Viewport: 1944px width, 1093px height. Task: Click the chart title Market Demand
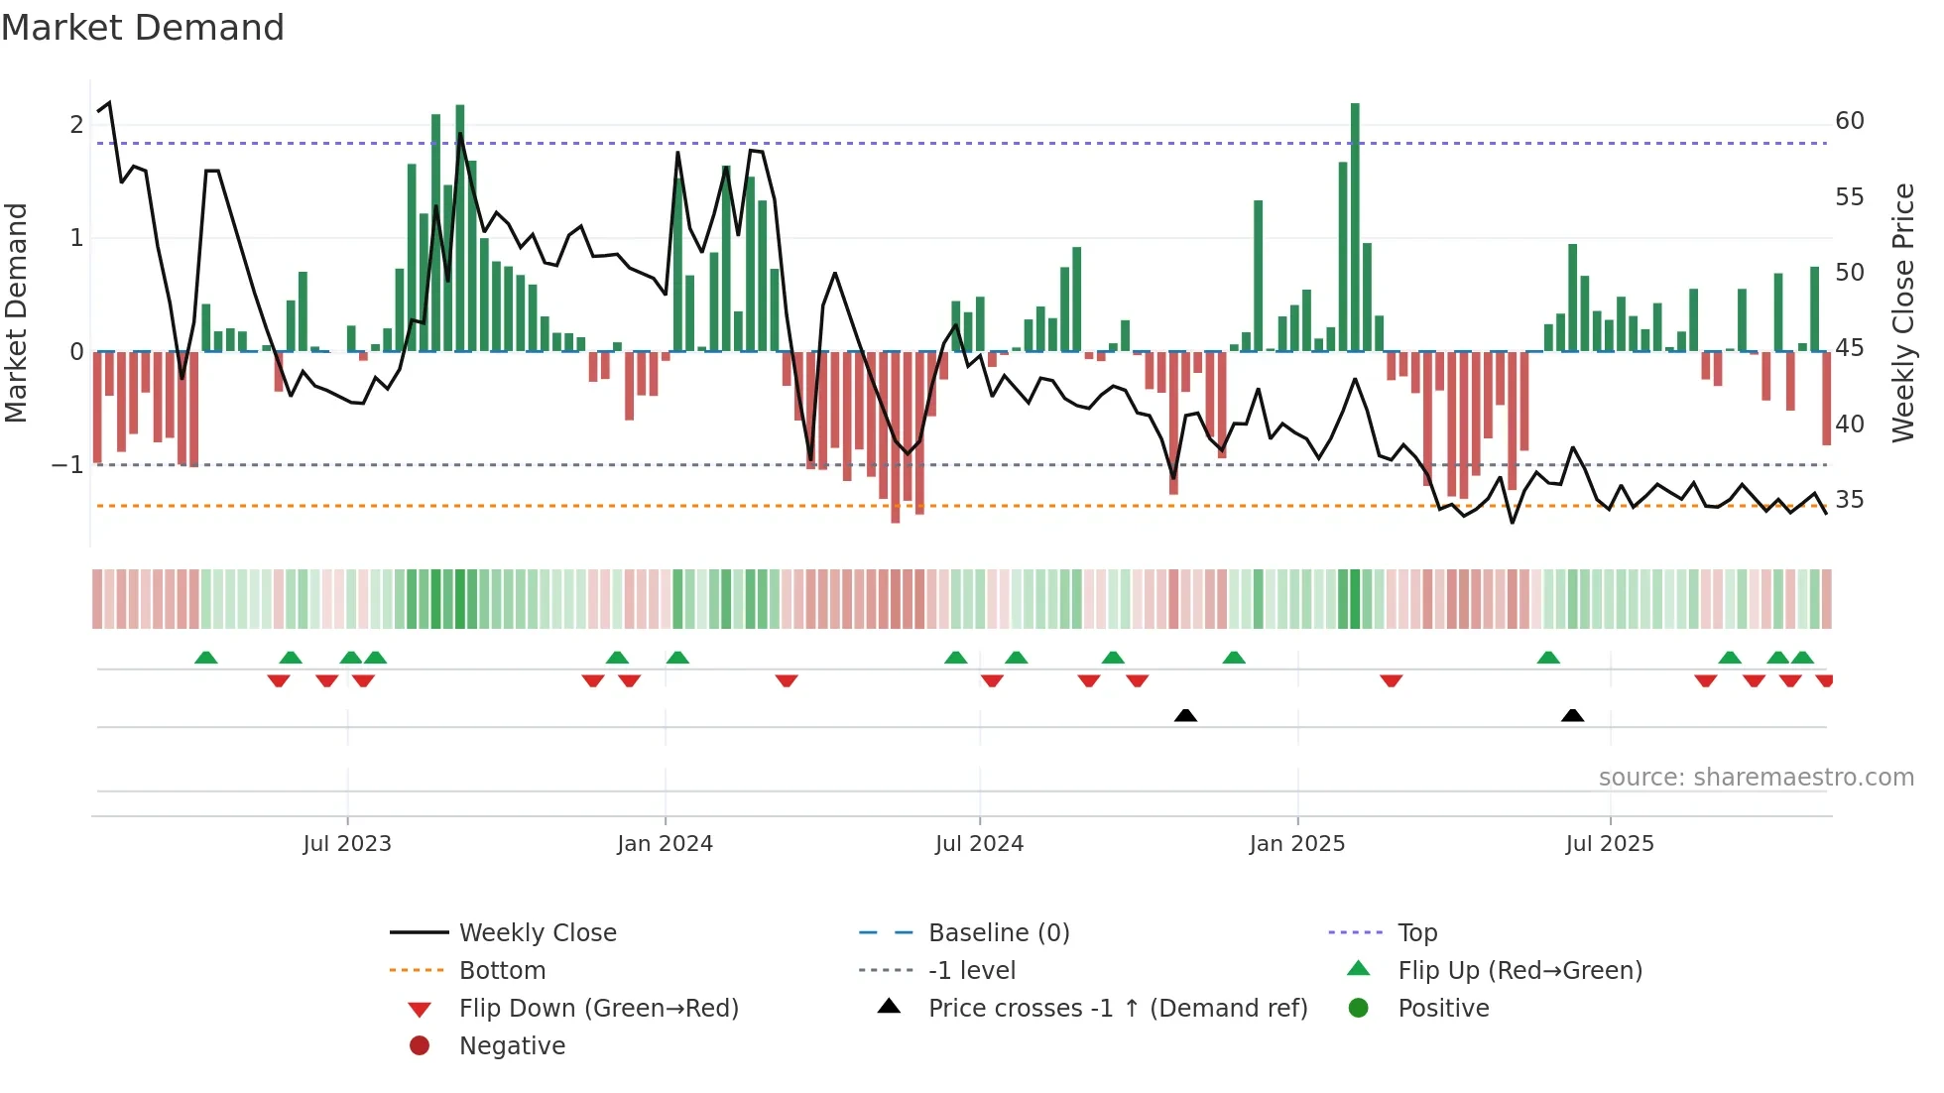pyautogui.click(x=143, y=28)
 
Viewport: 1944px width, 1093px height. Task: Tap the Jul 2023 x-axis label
pyautogui.click(x=347, y=844)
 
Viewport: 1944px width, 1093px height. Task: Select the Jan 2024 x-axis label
pyautogui.click(x=665, y=844)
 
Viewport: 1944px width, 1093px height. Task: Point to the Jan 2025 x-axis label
pyautogui.click(x=1296, y=844)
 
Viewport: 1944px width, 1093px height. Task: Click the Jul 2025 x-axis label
pyautogui.click(x=1610, y=844)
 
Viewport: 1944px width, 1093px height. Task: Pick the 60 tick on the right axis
pyautogui.click(x=1849, y=121)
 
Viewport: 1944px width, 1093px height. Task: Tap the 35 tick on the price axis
pyautogui.click(x=1849, y=500)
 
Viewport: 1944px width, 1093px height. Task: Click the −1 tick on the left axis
pyautogui.click(x=67, y=465)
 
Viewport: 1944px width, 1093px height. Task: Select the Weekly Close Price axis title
pyautogui.click(x=1902, y=312)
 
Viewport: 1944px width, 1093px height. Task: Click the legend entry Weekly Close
pyautogui.click(x=538, y=933)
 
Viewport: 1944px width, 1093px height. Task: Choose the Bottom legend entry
pyautogui.click(x=502, y=971)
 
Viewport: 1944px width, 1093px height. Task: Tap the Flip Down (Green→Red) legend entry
pyautogui.click(x=598, y=1009)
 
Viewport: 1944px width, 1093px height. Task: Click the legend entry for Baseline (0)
pyautogui.click(x=998, y=933)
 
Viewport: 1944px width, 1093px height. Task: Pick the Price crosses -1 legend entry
pyautogui.click(x=1117, y=1009)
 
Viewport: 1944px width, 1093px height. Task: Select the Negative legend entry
pyautogui.click(x=512, y=1046)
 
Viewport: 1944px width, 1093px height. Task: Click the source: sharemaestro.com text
pyautogui.click(x=1756, y=778)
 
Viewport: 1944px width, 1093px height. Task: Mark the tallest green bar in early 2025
pyautogui.click(x=1355, y=228)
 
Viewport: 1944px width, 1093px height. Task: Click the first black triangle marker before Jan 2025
pyautogui.click(x=1185, y=715)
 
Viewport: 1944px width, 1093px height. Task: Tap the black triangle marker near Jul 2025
pyautogui.click(x=1572, y=715)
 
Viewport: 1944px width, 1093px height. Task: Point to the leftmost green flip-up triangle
pyautogui.click(x=206, y=658)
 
